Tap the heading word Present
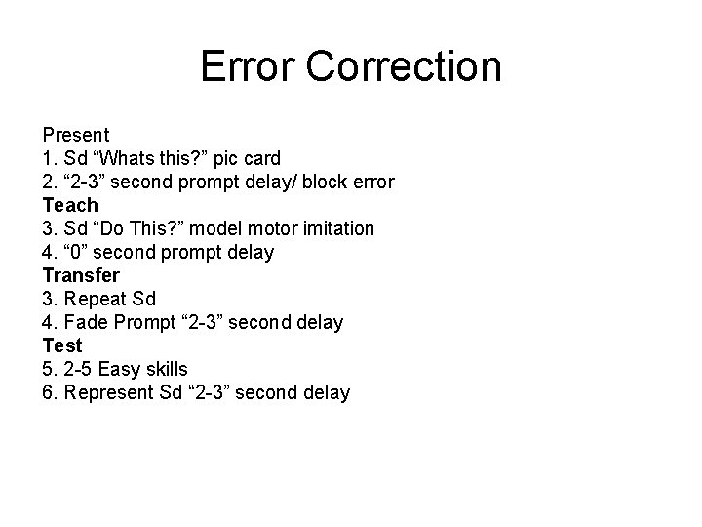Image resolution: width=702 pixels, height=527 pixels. [76, 135]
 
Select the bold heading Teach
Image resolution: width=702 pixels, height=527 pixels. [70, 205]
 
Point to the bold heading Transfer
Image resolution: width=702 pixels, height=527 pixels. [81, 275]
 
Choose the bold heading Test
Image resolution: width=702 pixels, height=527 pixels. [62, 345]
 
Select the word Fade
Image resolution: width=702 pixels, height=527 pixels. [83, 322]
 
